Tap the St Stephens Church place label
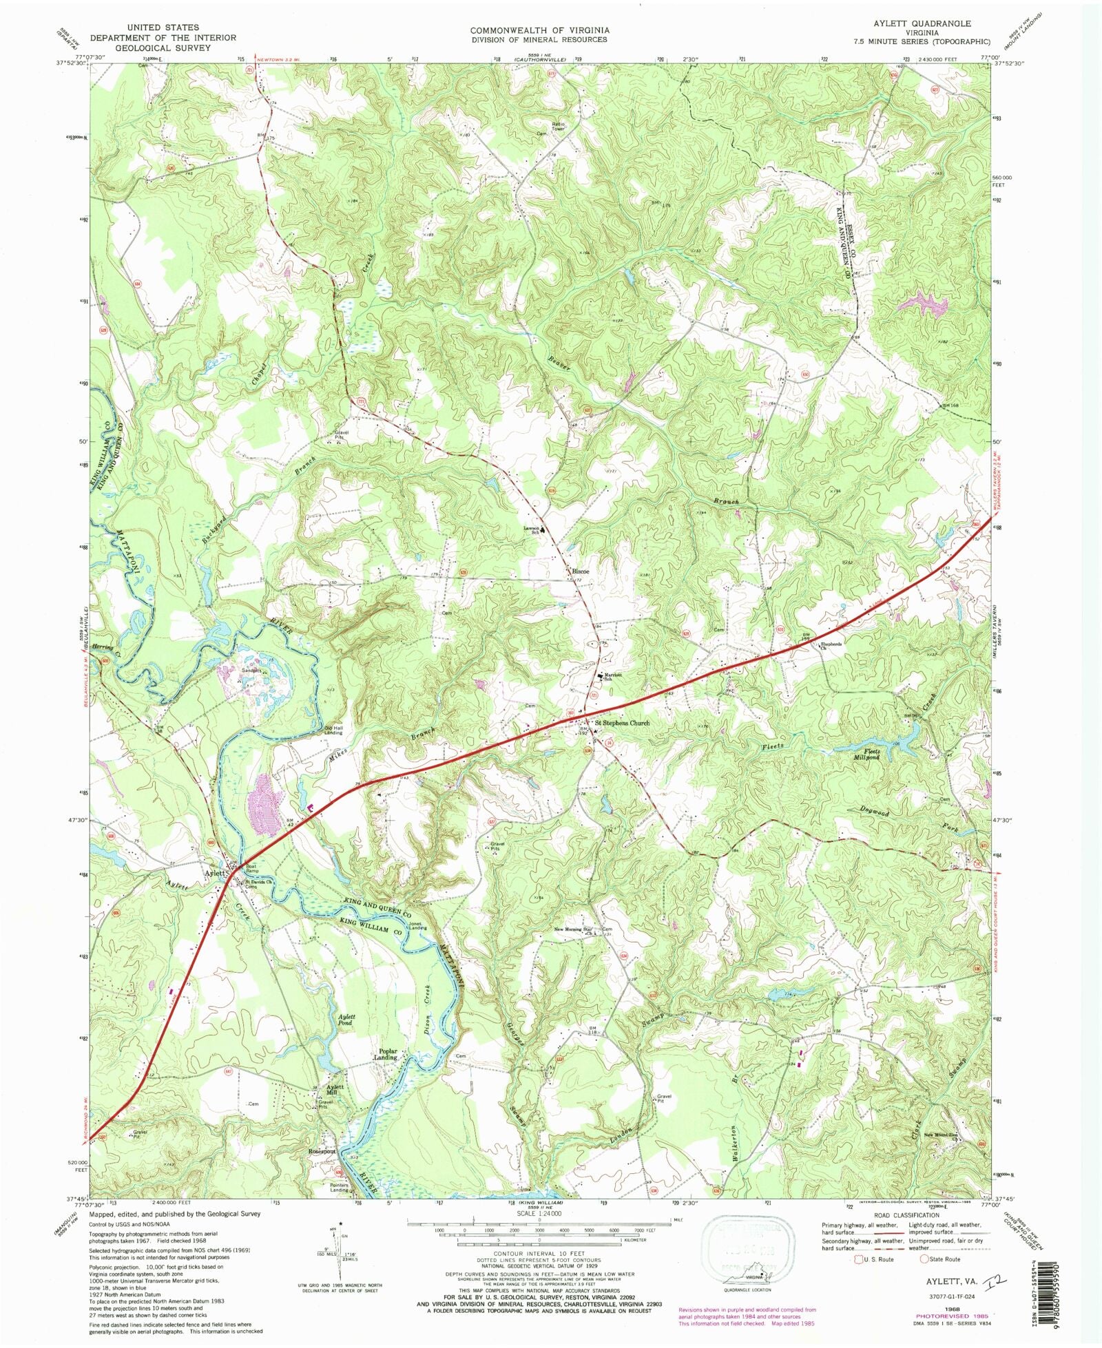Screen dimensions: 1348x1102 (x=622, y=723)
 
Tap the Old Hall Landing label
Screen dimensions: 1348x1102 (x=334, y=730)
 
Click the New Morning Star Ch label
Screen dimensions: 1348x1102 (x=574, y=930)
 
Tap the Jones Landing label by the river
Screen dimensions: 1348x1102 (x=417, y=926)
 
